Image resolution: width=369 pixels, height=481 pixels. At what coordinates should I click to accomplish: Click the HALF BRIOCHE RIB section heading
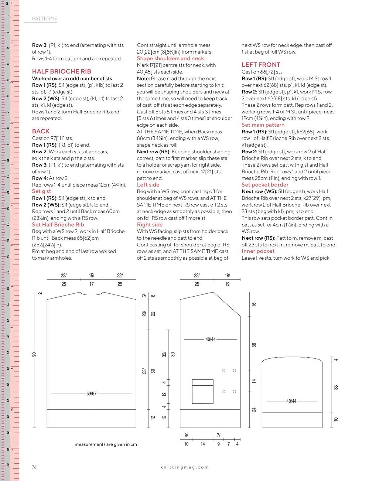coord(61,71)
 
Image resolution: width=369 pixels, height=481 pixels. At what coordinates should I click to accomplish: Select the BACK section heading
coord(41,131)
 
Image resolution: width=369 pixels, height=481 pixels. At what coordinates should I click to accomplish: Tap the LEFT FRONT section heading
coord(261,65)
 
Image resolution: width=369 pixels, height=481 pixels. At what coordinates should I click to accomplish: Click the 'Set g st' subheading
coord(41,191)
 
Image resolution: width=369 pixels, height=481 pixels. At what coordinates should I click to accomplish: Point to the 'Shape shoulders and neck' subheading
coord(170,58)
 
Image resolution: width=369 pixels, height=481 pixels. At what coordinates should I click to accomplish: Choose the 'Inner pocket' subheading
coord(258,251)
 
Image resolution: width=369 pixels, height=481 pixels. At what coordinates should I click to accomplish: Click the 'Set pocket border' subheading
coord(265,185)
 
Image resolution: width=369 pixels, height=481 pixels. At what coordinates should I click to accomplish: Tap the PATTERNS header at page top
coord(44,18)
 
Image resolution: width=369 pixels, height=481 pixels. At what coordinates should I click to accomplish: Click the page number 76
coord(34,467)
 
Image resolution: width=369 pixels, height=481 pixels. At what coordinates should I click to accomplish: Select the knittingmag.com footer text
coord(185,467)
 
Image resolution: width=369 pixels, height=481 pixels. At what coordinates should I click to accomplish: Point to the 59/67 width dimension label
coord(91,394)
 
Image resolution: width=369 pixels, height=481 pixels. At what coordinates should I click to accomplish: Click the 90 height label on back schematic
coord(34,354)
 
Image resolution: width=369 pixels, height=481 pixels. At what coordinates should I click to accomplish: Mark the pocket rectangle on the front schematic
coord(202,392)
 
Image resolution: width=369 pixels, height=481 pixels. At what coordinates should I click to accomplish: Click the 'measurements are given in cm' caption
coord(106,444)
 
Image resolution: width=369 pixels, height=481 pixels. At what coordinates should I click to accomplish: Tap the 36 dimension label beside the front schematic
coord(254,345)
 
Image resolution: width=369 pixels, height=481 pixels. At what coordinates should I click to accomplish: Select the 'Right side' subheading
coord(150,225)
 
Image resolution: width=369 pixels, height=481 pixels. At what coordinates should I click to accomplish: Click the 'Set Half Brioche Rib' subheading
coord(58,225)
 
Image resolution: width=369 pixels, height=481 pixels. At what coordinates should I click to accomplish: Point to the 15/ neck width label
coord(91,276)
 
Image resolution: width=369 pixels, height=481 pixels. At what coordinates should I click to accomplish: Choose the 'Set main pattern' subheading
coord(263,125)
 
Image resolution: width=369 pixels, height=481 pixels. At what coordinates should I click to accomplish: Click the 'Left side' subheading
coord(148,185)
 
